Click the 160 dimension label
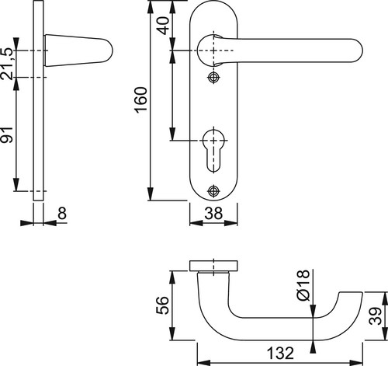point(141,100)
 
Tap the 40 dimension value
point(164,26)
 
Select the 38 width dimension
point(213,214)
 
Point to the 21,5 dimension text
point(6,64)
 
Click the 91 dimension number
point(6,134)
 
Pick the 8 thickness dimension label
point(62,214)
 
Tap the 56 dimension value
point(162,305)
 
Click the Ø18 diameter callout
point(303,285)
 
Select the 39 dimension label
point(376,316)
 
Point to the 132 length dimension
point(280,353)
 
